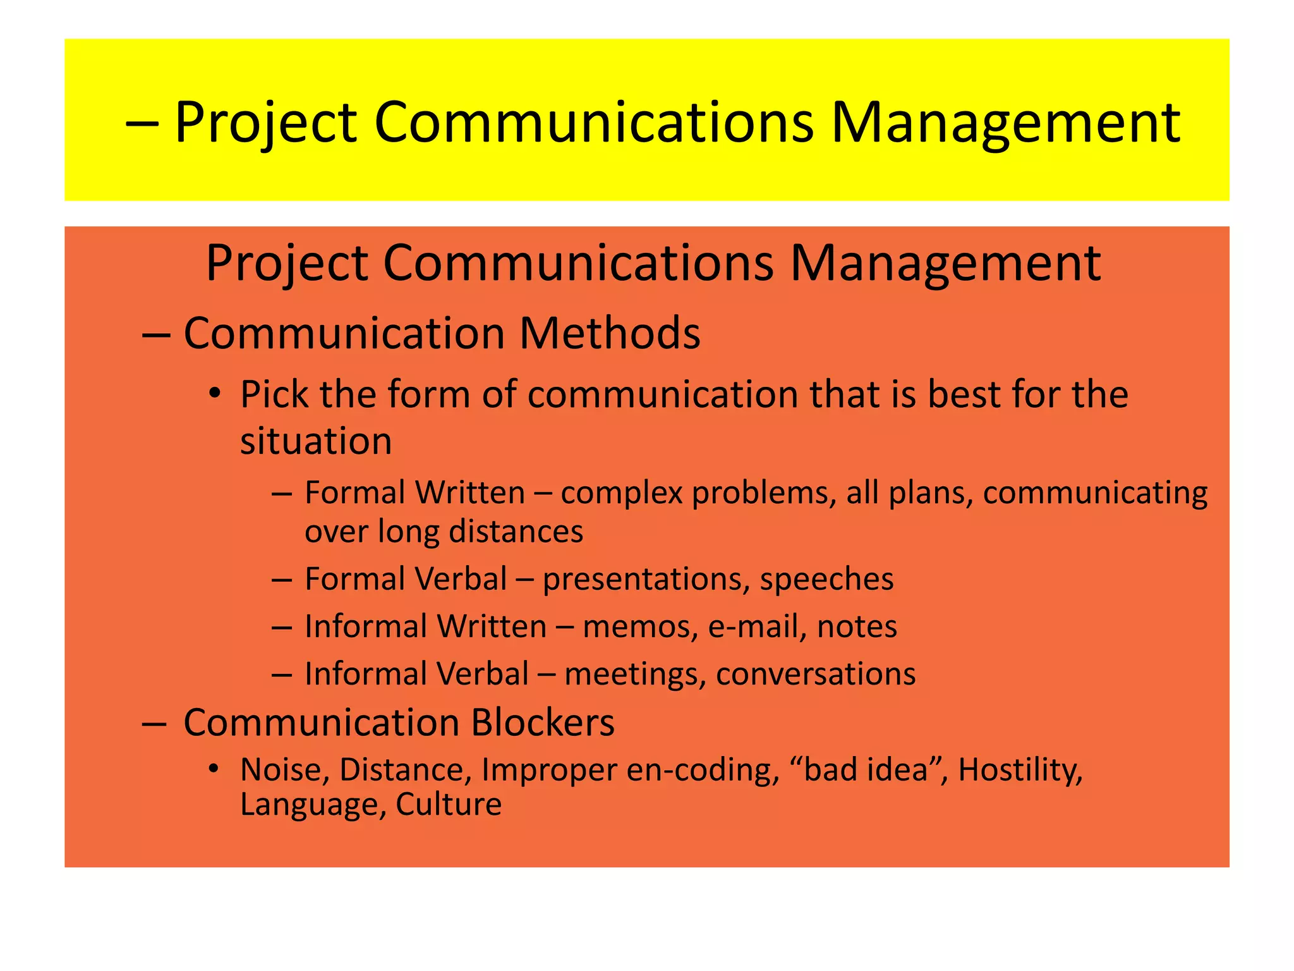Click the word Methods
pyautogui.click(x=609, y=333)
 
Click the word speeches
pyautogui.click(x=826, y=579)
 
